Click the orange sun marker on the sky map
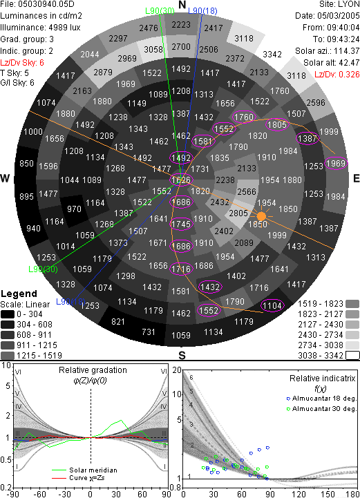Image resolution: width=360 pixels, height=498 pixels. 261,216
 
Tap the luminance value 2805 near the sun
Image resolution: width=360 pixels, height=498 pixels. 238,213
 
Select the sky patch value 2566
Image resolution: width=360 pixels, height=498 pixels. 247,191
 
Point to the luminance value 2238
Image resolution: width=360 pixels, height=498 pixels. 225,180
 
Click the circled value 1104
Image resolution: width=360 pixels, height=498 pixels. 272,305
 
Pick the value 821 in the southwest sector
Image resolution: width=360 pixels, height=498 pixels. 118,322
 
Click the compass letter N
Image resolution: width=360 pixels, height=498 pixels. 182,5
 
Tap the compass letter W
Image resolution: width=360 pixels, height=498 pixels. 5,178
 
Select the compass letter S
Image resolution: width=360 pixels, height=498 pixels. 182,355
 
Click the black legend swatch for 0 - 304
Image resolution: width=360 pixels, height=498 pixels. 8,314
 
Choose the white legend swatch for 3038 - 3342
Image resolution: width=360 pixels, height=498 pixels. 352,356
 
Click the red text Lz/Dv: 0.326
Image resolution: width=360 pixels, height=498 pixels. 337,75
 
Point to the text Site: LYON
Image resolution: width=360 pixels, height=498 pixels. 339,4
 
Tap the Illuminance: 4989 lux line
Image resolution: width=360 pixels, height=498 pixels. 40,28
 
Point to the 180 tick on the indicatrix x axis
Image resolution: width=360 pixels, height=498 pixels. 352,494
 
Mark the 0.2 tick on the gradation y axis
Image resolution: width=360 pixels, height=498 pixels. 6,488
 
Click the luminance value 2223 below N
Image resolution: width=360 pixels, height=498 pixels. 181,25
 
